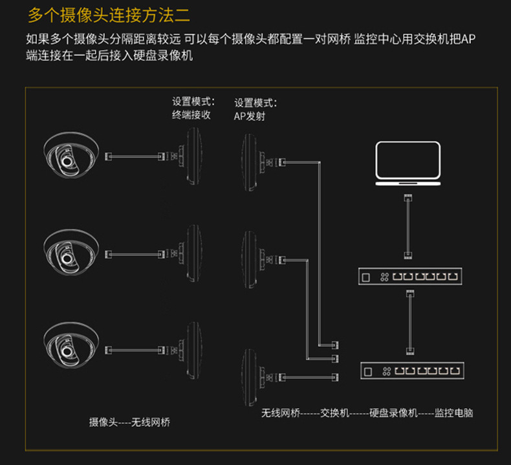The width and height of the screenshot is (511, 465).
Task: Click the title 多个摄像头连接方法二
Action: pos(109,14)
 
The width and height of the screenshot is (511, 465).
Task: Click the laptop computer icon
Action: pos(408,165)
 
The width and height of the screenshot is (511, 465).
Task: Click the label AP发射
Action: pos(250,116)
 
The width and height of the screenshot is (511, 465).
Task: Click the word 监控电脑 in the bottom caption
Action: pos(454,412)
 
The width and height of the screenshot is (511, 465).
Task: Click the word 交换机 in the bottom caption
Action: pos(334,412)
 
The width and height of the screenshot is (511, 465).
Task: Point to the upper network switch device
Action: pos(411,277)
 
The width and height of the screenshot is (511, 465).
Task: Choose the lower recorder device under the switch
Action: pos(411,371)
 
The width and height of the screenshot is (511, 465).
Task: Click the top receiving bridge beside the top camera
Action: pos(194,156)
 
